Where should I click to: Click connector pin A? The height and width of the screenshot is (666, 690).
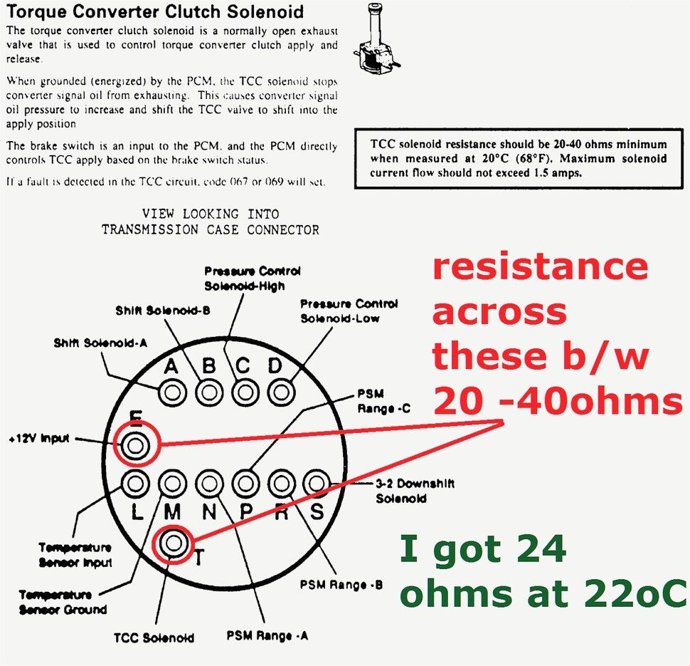[x=172, y=392]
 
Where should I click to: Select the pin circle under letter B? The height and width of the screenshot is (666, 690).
[x=209, y=392]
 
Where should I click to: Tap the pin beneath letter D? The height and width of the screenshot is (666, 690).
[x=281, y=392]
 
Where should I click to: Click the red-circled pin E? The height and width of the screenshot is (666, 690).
[x=136, y=446]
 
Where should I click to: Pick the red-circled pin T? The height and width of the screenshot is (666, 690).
[x=174, y=543]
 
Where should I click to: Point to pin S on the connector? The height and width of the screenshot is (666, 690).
[x=317, y=484]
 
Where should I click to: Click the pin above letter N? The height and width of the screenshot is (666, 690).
[x=209, y=484]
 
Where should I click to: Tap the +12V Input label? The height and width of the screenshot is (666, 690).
[x=39, y=439]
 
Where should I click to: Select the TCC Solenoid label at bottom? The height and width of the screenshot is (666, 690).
[x=154, y=638]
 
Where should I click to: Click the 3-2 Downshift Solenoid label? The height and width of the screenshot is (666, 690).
[x=415, y=491]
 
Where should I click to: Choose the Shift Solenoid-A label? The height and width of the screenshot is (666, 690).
[x=100, y=343]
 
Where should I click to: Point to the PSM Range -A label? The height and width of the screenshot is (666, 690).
[x=267, y=635]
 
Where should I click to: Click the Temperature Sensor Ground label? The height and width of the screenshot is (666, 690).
[x=63, y=602]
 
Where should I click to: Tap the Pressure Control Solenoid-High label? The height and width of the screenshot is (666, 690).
[x=253, y=279]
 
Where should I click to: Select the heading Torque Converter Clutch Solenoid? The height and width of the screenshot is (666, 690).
[x=155, y=12]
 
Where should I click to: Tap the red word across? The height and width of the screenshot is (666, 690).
[x=499, y=313]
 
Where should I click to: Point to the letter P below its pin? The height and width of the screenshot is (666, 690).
[x=246, y=512]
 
